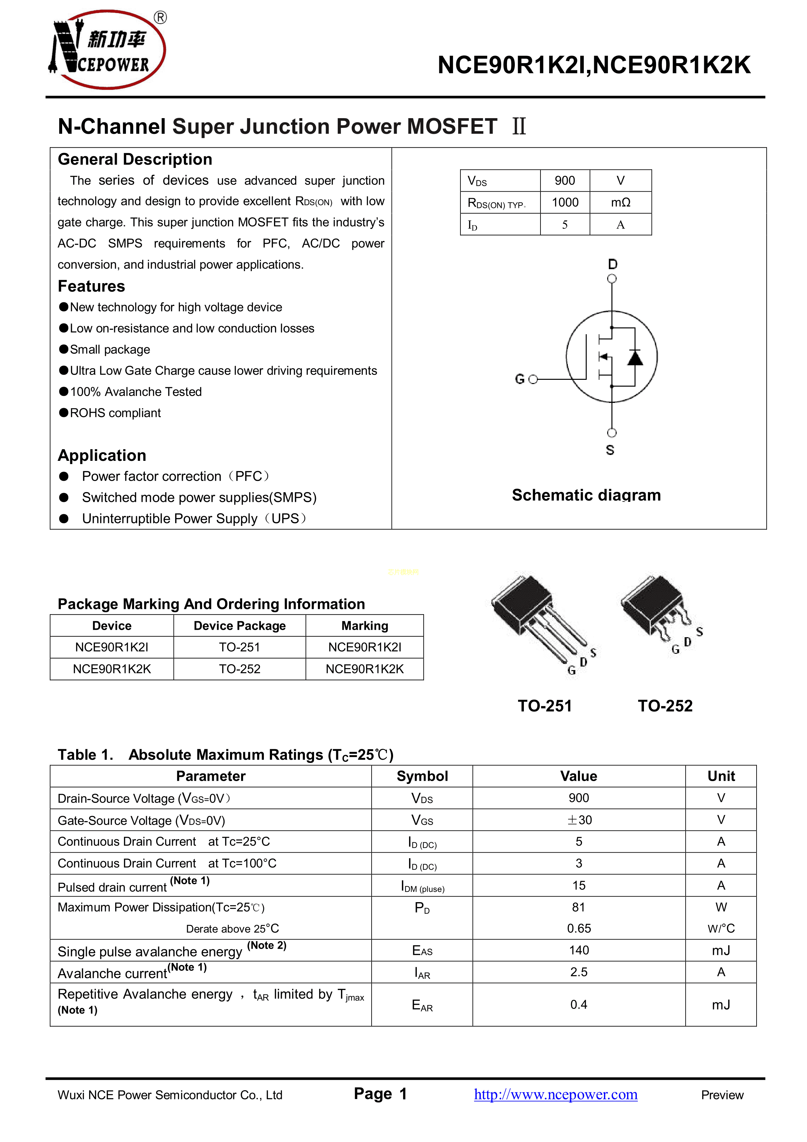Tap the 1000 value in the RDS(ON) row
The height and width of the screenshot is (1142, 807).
click(x=565, y=202)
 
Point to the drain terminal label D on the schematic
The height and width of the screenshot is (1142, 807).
click(x=613, y=264)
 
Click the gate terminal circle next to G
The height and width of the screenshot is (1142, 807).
click(x=533, y=379)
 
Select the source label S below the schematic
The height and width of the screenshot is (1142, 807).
click(x=610, y=450)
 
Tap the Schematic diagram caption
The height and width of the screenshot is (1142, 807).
click(x=586, y=495)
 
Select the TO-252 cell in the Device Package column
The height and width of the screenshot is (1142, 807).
click(x=240, y=669)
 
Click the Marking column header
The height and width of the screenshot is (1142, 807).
click(x=364, y=626)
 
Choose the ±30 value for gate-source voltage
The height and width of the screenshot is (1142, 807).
click(x=579, y=820)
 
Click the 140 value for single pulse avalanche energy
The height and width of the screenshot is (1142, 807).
click(x=579, y=951)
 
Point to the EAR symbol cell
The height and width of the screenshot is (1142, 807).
click(x=422, y=1005)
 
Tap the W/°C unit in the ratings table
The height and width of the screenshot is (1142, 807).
click(x=721, y=929)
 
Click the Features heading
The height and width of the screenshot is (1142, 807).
click(x=91, y=286)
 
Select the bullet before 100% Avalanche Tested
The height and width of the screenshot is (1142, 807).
click(x=64, y=392)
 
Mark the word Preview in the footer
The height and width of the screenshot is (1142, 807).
click(x=722, y=1095)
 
